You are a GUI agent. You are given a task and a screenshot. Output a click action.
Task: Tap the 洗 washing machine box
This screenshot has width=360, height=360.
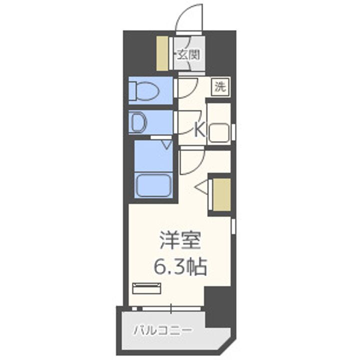219,86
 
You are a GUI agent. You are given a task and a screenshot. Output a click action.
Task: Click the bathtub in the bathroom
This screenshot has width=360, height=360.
154,185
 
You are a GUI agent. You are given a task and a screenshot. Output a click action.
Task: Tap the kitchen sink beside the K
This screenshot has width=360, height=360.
218,131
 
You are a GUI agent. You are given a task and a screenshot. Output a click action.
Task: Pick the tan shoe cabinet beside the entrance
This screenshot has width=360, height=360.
162,53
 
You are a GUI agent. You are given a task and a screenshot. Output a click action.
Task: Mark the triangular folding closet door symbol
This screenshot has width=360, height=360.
202,187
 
